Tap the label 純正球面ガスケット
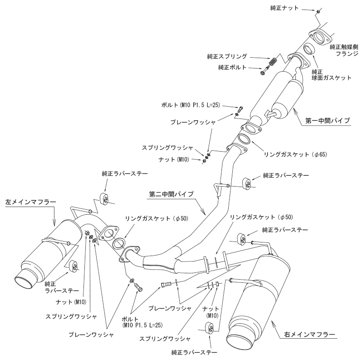point(331,75)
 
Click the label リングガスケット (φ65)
point(295,154)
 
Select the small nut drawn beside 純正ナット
point(318,10)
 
